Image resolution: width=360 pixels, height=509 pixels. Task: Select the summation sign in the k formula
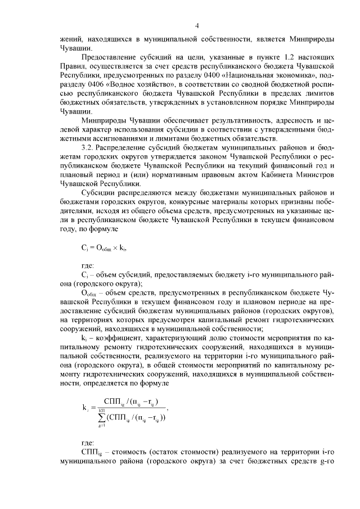coord(102,417)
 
